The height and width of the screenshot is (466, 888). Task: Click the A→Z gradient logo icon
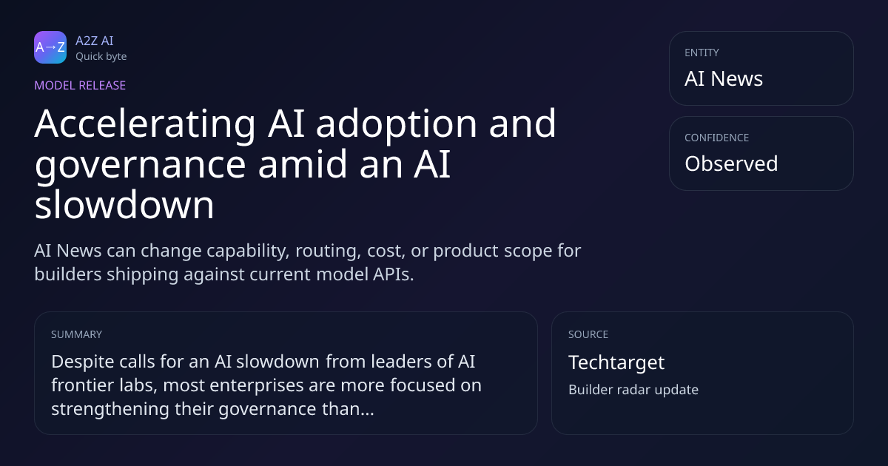click(50, 47)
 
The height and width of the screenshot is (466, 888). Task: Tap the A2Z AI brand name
click(95, 41)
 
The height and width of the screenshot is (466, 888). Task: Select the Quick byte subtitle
click(101, 57)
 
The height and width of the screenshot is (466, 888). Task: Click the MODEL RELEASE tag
click(80, 85)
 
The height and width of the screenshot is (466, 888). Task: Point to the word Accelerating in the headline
click(145, 125)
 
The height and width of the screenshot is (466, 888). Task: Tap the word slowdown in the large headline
click(124, 204)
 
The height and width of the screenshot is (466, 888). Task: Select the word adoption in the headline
click(396, 125)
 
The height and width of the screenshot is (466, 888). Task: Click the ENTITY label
click(702, 53)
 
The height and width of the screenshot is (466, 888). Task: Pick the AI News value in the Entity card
click(724, 78)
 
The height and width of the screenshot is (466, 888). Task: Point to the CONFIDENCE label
click(717, 138)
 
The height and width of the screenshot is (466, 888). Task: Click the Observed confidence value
click(731, 163)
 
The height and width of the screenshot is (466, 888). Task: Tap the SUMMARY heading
click(76, 334)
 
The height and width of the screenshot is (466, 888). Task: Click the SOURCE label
click(588, 334)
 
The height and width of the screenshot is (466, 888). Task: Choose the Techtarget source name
click(616, 363)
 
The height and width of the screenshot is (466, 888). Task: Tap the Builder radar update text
click(633, 390)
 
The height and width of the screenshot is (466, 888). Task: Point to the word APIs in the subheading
click(393, 274)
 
